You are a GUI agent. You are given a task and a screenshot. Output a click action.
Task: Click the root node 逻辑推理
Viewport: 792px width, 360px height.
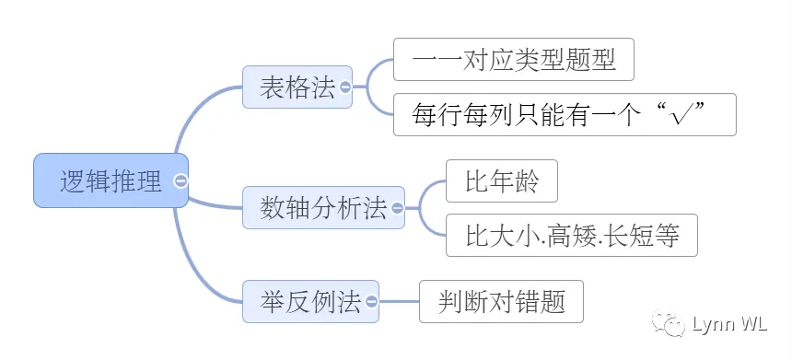point(111,180)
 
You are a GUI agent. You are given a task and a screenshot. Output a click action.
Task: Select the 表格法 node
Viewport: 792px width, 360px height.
point(297,87)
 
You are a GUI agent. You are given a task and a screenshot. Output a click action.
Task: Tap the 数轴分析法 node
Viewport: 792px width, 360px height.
point(323,207)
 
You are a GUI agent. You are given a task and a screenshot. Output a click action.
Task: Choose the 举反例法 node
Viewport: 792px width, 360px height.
point(310,301)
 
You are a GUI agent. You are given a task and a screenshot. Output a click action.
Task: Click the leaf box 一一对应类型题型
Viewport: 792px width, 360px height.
point(514,59)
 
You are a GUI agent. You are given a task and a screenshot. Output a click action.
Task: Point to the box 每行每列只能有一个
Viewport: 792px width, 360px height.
point(565,114)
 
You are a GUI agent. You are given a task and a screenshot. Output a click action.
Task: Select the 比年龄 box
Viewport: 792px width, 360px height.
point(502,181)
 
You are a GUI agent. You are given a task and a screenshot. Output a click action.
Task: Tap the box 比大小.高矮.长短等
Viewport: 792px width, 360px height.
point(572,236)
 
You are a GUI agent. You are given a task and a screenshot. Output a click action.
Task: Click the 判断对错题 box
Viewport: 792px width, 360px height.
point(501,301)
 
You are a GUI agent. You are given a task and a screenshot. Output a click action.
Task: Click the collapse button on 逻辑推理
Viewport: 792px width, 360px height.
point(181,180)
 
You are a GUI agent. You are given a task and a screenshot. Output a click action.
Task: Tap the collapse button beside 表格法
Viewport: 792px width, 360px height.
point(345,87)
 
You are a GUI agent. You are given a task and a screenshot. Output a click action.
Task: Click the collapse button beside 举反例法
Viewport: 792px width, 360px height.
point(371,301)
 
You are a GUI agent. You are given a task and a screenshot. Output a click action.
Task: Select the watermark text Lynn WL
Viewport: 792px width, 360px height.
point(730,324)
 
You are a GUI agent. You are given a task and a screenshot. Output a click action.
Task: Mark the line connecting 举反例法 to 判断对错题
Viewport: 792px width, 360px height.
point(399,301)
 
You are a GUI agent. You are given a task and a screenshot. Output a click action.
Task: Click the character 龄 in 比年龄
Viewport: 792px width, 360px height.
point(527,181)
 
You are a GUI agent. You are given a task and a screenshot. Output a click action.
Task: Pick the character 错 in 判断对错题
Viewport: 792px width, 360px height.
point(527,302)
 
